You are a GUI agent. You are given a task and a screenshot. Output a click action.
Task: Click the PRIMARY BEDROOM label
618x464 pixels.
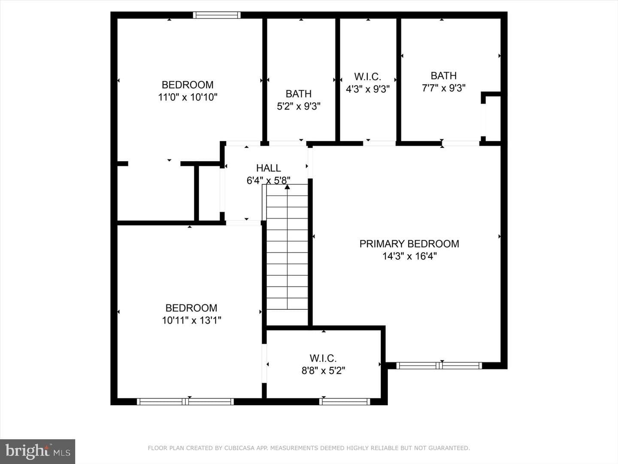coord(409,244)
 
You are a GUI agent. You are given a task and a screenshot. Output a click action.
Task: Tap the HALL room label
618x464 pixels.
coord(268,168)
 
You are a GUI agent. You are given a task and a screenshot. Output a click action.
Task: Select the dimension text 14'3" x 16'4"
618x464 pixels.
coord(409,256)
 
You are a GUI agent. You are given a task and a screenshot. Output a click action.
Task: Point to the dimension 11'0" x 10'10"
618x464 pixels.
coord(188,97)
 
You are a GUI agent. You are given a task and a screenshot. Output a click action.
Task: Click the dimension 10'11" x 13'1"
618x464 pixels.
coord(191,321)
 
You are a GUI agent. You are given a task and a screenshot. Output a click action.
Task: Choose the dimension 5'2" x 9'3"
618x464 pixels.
coord(298,106)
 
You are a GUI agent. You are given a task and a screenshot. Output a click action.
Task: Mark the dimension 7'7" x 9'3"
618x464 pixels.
coord(443,88)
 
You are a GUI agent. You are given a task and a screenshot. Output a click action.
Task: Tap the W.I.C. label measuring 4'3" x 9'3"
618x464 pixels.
coord(367,76)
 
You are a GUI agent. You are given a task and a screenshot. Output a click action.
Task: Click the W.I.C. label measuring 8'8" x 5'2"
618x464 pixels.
coord(323,358)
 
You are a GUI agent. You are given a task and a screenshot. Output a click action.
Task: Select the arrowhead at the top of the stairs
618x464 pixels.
coord(287,187)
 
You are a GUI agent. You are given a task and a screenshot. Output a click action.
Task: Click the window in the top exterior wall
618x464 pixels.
coord(216,15)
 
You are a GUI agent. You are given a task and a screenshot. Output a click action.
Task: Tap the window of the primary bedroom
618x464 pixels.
coord(439,366)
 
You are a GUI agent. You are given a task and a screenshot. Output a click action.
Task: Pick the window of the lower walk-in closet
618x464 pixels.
coord(345,402)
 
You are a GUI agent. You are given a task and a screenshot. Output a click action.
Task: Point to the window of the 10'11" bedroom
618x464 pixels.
coord(185,402)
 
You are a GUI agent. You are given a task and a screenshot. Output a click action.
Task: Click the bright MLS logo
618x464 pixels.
coord(37,451)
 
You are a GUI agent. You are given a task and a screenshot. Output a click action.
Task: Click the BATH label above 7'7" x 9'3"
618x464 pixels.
coord(443,76)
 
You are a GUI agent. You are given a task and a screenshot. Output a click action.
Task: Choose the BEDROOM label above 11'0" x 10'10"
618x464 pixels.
coord(188,85)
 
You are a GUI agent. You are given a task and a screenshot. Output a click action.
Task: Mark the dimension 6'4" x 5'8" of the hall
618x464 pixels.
coord(268,180)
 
